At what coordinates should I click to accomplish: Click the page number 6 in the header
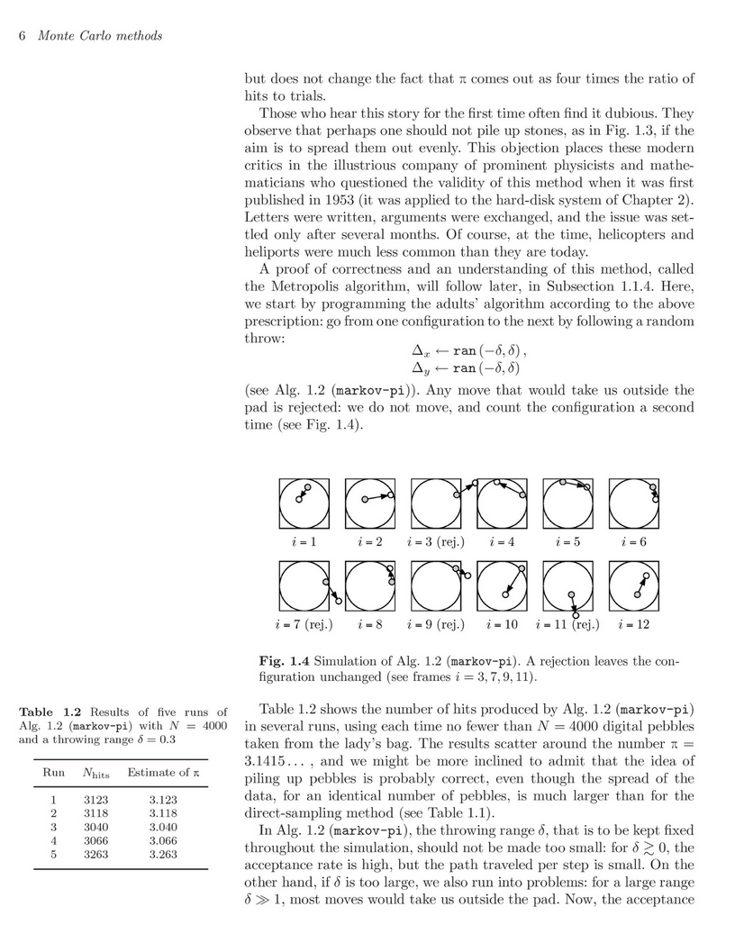click(22, 35)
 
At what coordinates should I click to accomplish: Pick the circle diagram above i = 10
click(502, 585)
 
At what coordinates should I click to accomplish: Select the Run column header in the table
click(54, 772)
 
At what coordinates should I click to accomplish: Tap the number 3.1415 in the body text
click(270, 761)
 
